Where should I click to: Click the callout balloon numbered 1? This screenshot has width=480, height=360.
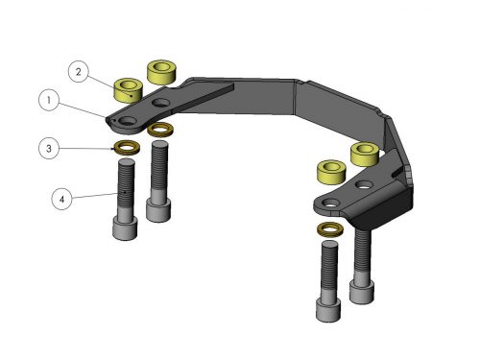tap(49, 101)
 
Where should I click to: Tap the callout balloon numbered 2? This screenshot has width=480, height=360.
tap(79, 72)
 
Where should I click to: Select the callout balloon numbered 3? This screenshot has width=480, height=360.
tap(49, 149)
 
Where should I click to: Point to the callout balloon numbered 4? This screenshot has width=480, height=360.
tap(61, 200)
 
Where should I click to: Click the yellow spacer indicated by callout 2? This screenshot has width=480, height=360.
tap(128, 90)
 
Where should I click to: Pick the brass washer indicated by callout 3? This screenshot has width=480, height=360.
tap(127, 148)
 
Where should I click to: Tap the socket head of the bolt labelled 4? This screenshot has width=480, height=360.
tap(125, 228)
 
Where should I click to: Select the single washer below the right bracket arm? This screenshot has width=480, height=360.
tap(330, 229)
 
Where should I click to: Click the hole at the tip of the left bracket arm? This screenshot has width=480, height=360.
tap(128, 121)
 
